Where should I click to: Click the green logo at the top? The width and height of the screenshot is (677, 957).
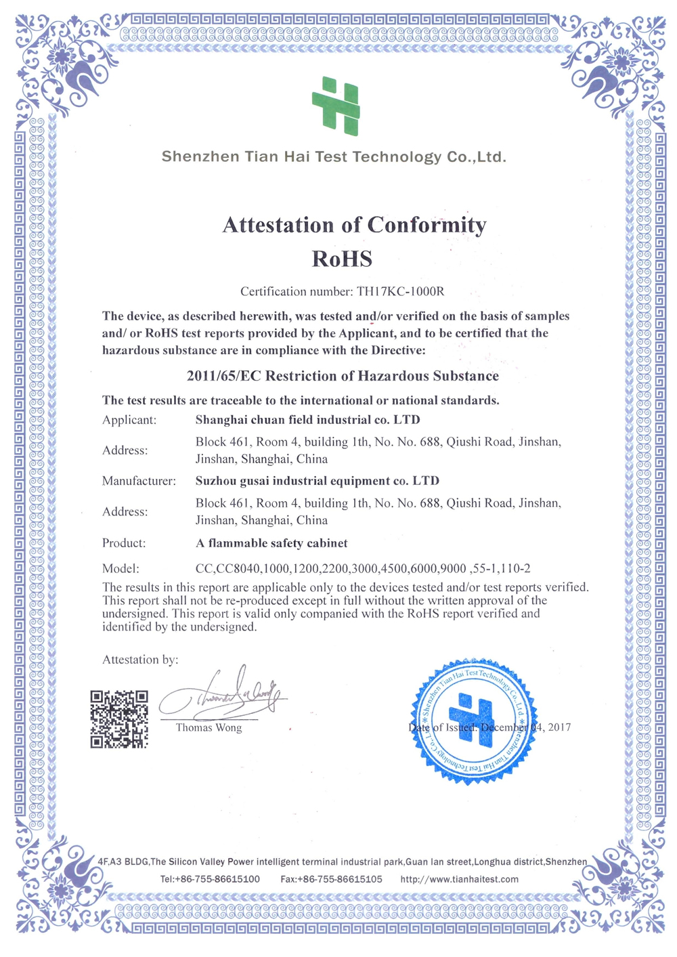pos(336,106)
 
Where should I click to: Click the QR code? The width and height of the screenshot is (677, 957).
pos(119,719)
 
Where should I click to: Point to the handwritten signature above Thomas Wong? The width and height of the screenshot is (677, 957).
pos(223,695)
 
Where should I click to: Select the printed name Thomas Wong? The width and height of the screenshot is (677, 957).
pos(209,727)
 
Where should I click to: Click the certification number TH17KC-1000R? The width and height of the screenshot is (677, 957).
pos(401,292)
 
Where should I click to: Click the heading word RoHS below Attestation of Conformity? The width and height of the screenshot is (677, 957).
pos(342,259)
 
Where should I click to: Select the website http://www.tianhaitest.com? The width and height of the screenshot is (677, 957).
pos(459,879)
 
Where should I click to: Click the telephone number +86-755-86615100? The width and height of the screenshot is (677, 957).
pos(218,879)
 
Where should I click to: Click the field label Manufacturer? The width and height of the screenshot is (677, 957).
pos(139,481)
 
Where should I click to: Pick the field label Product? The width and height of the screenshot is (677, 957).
pos(124,543)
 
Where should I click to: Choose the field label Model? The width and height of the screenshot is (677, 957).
pos(121,568)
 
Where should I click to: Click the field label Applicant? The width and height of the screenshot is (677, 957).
pos(129,420)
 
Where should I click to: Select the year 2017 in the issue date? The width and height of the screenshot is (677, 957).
pos(559,727)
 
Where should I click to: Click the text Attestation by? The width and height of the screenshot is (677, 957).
pos(140,660)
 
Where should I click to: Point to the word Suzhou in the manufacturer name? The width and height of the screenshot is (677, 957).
pos(216,481)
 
